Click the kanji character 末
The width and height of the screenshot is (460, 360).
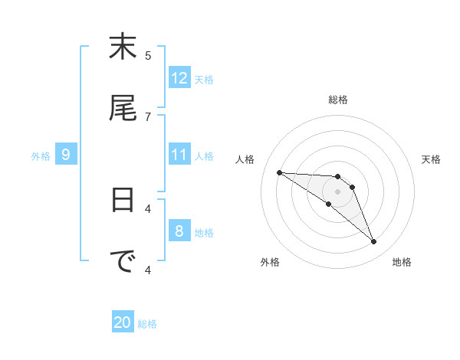click(123, 47)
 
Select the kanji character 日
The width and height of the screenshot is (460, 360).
click(123, 200)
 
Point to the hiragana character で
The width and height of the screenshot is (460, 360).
click(123, 261)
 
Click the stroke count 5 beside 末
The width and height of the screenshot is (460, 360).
click(148, 55)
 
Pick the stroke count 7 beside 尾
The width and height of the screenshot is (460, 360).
click(148, 116)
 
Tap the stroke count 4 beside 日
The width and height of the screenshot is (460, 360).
click(148, 208)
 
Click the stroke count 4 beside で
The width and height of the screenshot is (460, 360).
click(148, 269)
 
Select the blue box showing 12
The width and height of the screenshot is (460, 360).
click(179, 78)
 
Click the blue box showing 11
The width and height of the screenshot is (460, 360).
click(179, 155)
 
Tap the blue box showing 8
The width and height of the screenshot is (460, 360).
click(179, 231)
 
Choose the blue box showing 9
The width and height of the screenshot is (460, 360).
click(66, 155)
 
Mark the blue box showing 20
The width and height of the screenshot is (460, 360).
click(123, 322)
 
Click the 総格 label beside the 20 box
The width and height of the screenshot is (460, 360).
click(147, 324)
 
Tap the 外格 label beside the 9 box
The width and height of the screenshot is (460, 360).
click(41, 156)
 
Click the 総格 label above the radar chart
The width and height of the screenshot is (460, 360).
click(337, 100)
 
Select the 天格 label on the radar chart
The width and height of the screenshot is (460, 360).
click(431, 159)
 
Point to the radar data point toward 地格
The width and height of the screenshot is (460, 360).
click(374, 242)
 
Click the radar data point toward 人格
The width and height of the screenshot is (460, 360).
click(279, 172)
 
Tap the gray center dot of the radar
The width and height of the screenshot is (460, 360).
click(337, 191)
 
